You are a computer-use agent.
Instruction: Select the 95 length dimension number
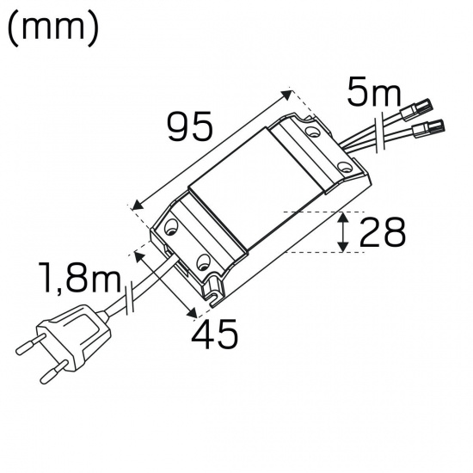(190, 129)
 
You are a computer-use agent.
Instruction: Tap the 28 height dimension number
(381, 232)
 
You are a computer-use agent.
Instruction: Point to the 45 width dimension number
(214, 335)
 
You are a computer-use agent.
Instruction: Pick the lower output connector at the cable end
(430, 130)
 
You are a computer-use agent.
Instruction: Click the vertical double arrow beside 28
(343, 232)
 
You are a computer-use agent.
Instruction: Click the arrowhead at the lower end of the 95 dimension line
(135, 204)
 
